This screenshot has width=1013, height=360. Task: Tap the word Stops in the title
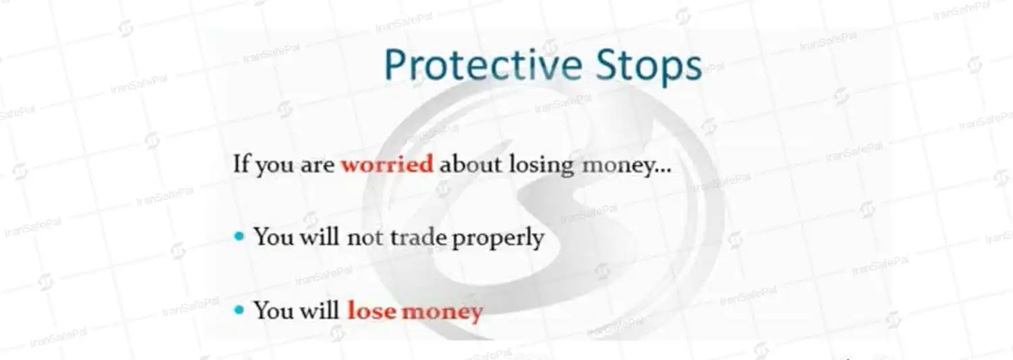pos(648,68)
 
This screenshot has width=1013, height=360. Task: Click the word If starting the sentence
pos(241,163)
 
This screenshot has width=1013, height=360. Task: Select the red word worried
pos(387,163)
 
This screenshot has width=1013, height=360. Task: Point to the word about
pos(470,163)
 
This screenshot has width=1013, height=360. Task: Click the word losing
pos(542,165)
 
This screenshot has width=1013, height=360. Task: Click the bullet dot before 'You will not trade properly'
pos(239,236)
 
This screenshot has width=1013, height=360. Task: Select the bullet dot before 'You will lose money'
pos(239,310)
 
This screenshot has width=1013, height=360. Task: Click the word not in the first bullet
pos(365,238)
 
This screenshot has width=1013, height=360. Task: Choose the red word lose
pos(371,311)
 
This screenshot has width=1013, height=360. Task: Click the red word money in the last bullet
pos(442,312)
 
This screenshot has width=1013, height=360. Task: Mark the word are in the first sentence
pos(317,165)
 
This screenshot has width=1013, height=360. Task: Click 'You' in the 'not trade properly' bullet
pos(274,236)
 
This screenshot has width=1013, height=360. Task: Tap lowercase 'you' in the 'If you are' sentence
pos(274,166)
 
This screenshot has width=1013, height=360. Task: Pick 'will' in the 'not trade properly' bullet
pos(319,236)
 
